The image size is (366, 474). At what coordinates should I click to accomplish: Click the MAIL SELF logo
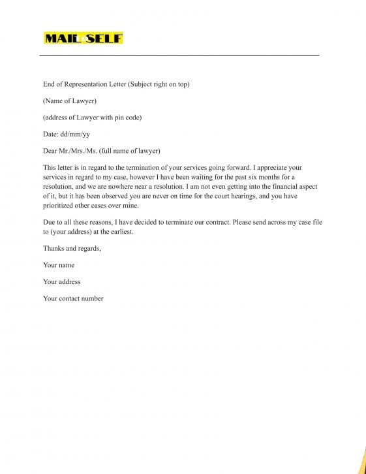[x=83, y=39]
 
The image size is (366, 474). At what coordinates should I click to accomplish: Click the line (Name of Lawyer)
[x=70, y=101]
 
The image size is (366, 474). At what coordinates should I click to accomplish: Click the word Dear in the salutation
[x=50, y=151]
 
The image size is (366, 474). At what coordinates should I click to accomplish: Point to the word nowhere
[x=120, y=186]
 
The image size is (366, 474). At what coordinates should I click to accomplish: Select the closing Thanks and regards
[x=72, y=248]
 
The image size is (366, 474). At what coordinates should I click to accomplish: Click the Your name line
[x=59, y=265]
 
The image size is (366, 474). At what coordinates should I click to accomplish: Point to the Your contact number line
[x=73, y=298]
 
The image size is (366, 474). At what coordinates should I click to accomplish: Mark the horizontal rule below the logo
[x=179, y=55]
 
